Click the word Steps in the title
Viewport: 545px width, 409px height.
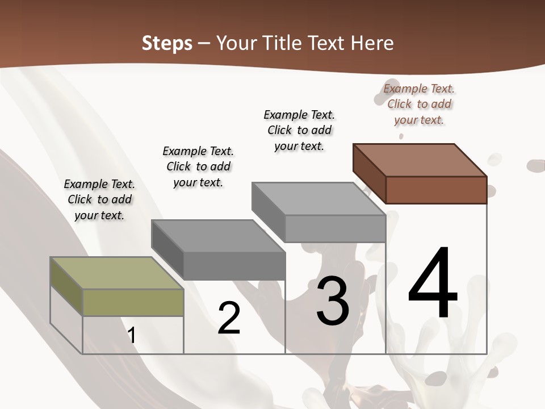[167, 43]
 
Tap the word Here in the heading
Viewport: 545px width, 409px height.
[372, 43]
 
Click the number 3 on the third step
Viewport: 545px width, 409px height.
[333, 301]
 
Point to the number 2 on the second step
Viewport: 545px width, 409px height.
[229, 318]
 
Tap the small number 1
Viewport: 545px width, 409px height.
[132, 335]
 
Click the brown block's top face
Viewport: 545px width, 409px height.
[420, 160]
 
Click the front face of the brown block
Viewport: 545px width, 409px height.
[436, 190]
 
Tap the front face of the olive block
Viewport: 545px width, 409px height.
[133, 302]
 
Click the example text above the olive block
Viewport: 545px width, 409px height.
[99, 199]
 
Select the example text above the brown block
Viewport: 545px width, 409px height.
[419, 104]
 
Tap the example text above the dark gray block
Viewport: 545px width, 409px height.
[198, 166]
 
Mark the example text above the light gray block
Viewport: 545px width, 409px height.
[299, 130]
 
